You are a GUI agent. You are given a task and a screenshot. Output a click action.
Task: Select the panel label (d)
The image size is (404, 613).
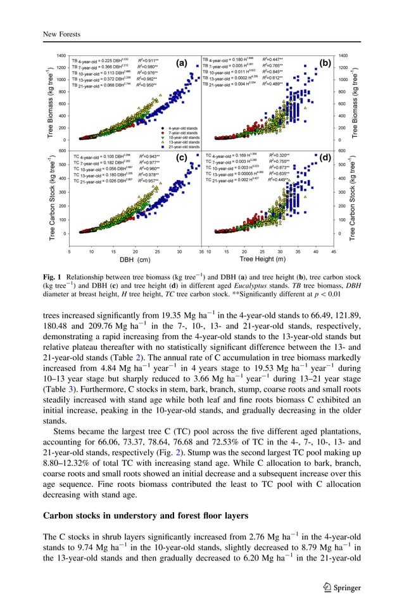coord(325,158)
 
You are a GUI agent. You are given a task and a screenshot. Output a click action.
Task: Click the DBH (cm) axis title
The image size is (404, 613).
coord(135,259)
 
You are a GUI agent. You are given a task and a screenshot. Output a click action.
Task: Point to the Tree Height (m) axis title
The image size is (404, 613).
coord(262,259)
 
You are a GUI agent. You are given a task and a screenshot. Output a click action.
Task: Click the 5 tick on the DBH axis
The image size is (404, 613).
coord(69,251)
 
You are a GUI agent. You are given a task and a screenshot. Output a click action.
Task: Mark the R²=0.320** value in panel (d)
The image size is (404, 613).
coord(279,155)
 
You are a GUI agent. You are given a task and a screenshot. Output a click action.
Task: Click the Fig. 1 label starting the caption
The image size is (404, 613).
coord(52,277)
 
